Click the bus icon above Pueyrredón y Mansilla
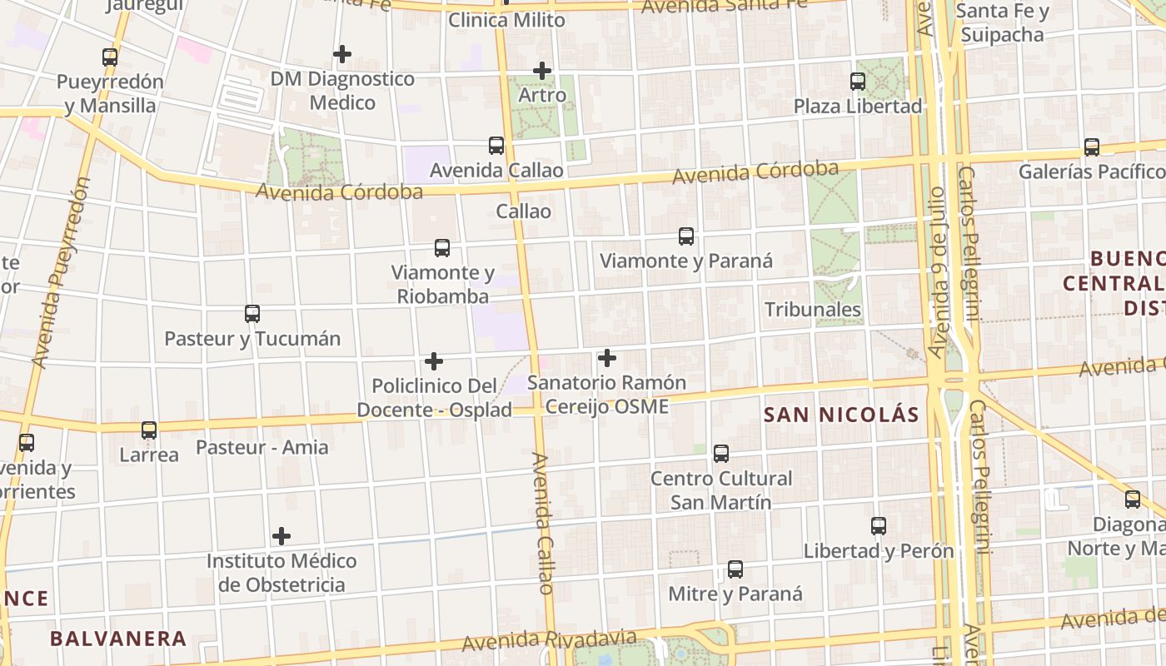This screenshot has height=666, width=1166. [x=110, y=57]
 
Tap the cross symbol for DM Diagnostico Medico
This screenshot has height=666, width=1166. [x=341, y=54]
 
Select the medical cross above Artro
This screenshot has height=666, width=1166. [x=542, y=71]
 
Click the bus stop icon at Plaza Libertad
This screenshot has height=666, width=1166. [x=858, y=82]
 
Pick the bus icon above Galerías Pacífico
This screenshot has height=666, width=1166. [x=1092, y=147]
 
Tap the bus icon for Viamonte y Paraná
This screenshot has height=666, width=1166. [x=686, y=236]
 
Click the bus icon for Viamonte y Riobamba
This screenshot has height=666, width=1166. [x=442, y=248]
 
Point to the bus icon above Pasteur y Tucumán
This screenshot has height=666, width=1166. [x=252, y=314]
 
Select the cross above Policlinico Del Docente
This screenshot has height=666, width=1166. [x=434, y=361]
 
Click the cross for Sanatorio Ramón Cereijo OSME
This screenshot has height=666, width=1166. [x=607, y=358]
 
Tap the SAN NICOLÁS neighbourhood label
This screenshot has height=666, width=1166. [x=841, y=415]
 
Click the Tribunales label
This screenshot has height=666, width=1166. [x=813, y=310]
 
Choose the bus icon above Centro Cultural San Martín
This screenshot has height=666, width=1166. [x=721, y=454]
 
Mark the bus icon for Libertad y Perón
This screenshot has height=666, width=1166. [x=879, y=526]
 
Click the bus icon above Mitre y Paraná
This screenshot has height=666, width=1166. [x=735, y=569]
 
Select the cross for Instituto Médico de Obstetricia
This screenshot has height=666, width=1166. [x=282, y=535]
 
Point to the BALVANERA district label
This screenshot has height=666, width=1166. [x=117, y=639]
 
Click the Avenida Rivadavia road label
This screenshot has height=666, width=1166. [x=543, y=641]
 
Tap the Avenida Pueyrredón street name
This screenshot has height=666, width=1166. [x=60, y=271]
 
